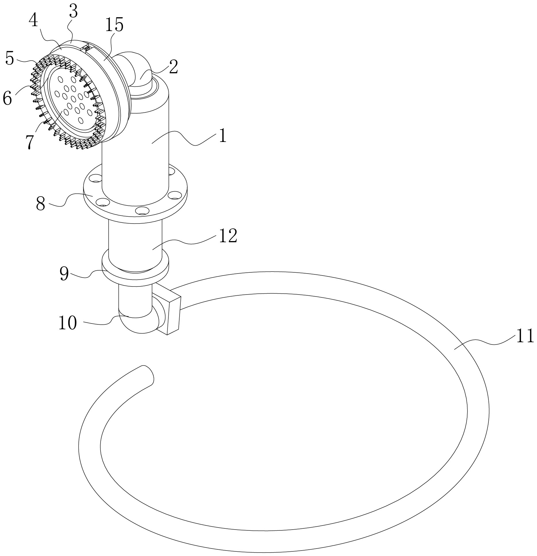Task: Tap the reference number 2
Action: tap(173, 67)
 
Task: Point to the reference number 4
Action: tap(34, 20)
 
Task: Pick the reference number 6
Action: tap(7, 98)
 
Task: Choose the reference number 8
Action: tap(41, 204)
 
